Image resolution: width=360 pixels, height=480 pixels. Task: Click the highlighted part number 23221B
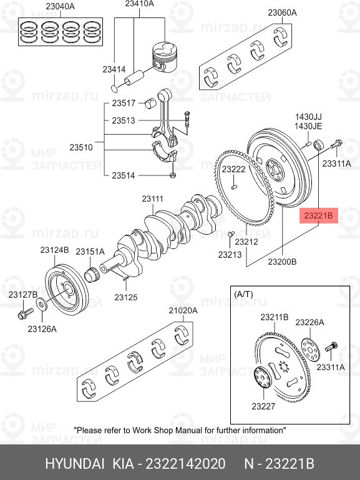click(318, 216)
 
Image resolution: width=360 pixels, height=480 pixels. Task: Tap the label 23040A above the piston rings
click(61, 6)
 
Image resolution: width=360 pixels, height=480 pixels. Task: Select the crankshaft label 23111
click(153, 199)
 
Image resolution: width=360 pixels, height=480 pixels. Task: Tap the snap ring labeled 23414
click(115, 88)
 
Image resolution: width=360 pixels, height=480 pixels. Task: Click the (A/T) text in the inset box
click(243, 295)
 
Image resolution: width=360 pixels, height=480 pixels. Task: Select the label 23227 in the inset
click(263, 406)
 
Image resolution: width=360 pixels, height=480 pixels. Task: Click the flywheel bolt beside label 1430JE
click(336, 144)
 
